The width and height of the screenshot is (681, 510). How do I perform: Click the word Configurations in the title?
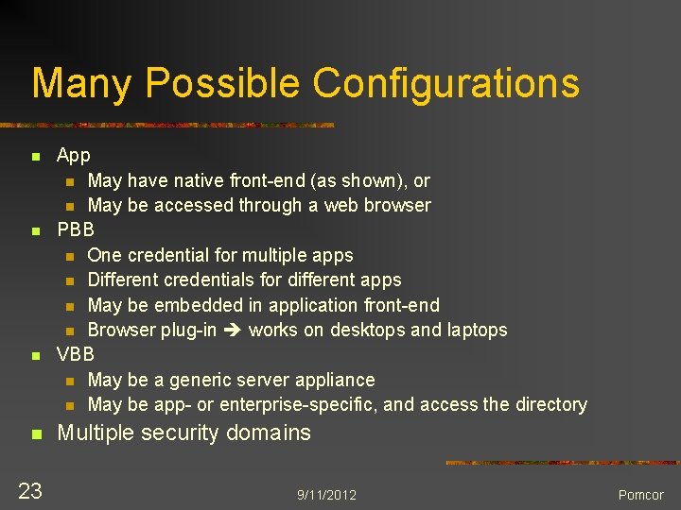[445, 83]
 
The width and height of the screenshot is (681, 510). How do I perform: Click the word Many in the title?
[82, 83]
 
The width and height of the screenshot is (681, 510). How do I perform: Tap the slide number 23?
[30, 490]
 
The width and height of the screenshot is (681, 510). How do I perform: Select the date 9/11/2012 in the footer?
[326, 495]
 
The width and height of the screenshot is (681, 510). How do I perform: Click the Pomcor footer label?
[640, 495]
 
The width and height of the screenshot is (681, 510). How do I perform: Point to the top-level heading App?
[74, 155]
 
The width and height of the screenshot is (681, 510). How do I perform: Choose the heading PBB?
[76, 229]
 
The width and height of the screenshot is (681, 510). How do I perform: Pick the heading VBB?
[76, 354]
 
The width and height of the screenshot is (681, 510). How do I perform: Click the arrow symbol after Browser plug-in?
[233, 330]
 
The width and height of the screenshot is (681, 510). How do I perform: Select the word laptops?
[477, 330]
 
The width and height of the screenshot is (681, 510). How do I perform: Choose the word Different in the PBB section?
[124, 280]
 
